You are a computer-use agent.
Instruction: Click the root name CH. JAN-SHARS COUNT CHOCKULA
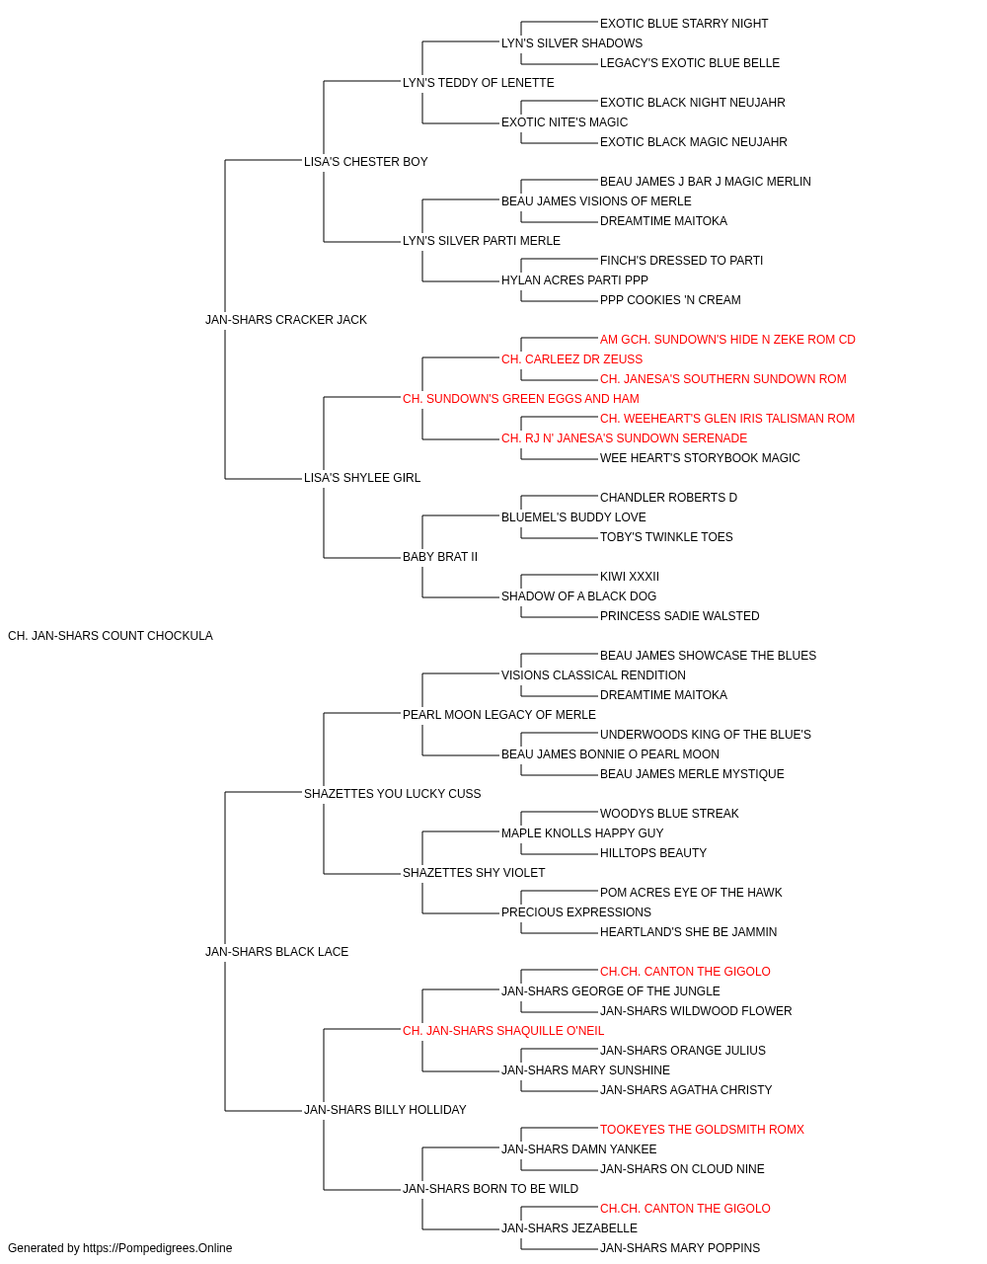(x=111, y=636)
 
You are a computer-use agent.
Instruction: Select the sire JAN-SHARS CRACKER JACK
(x=286, y=320)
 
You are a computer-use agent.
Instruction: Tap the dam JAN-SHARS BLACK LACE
(x=276, y=952)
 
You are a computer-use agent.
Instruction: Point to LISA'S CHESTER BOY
(x=365, y=162)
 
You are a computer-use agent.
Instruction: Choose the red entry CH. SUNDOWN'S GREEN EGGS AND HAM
(x=521, y=399)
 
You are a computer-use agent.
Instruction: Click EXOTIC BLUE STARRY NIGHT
(x=684, y=24)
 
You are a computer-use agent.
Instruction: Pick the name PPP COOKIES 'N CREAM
(x=670, y=300)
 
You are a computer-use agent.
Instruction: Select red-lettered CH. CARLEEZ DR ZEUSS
(x=572, y=359)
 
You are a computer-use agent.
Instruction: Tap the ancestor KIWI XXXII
(x=630, y=577)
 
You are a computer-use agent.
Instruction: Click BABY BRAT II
(x=440, y=557)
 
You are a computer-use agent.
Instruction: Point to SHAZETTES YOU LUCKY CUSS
(x=393, y=794)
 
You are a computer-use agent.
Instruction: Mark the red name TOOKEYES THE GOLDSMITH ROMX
(x=702, y=1130)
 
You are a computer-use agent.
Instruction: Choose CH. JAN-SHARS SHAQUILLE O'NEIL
(x=503, y=1031)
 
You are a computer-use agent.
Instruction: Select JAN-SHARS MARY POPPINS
(x=680, y=1248)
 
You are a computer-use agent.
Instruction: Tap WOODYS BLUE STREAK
(x=669, y=814)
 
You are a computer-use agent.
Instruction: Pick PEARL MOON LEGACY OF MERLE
(x=499, y=715)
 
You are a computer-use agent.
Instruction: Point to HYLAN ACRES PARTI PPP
(x=574, y=280)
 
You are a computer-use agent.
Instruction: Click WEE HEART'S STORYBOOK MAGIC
(x=700, y=458)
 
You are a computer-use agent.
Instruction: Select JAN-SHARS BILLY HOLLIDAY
(x=385, y=1110)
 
